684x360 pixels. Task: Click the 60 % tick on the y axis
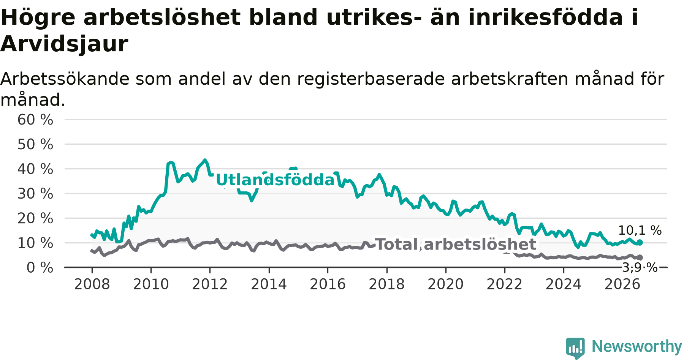tap(35, 120)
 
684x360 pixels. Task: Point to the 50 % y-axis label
tap(35, 144)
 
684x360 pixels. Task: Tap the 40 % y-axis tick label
tap(35, 169)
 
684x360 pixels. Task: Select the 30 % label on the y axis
tap(35, 194)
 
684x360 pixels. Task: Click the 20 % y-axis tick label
tap(35, 218)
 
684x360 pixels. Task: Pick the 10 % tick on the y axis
tap(35, 243)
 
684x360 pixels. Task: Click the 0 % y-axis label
tap(40, 268)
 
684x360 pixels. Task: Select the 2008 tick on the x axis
tap(92, 284)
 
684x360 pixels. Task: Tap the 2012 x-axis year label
tap(210, 284)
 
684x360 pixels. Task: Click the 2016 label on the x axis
tap(328, 284)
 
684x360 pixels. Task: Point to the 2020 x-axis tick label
tap(446, 284)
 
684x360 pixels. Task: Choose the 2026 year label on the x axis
tap(622, 284)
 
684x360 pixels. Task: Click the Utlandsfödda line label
tap(275, 180)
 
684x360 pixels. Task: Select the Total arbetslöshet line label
tap(456, 244)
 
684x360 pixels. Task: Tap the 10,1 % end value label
tap(640, 230)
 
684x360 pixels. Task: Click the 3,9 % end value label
tap(640, 267)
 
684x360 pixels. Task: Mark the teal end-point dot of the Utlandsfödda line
tap(640, 242)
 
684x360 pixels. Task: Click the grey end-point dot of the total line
tap(640, 257)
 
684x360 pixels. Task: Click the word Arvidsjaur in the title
tap(64, 44)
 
